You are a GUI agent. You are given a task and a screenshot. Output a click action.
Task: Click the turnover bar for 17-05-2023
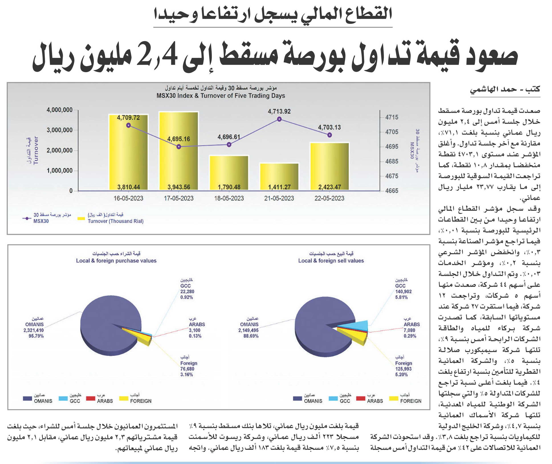179,151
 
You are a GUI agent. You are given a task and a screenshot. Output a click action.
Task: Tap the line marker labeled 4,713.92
279,119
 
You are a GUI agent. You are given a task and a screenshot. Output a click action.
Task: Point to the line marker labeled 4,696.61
229,144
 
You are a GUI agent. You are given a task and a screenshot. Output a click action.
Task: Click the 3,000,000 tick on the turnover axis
59,130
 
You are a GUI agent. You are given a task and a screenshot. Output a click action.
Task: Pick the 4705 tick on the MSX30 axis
392,132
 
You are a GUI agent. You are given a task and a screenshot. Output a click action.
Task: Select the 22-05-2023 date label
329,198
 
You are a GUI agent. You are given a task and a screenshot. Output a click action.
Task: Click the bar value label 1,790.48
229,187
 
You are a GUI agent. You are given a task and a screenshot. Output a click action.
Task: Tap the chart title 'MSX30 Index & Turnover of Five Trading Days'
221,96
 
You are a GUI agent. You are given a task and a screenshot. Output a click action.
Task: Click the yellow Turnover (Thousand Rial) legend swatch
81,218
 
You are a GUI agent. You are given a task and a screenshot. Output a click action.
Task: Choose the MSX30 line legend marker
26,218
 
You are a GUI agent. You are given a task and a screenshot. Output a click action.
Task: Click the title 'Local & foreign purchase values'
116,261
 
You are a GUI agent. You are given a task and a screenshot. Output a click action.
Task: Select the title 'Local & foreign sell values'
331,261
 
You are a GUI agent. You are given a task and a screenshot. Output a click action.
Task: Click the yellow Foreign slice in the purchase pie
142,338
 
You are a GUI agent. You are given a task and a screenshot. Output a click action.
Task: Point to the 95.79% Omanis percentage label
36,336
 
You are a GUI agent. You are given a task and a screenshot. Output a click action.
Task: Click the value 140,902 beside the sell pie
403,291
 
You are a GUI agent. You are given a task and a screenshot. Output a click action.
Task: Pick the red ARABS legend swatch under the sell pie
361,399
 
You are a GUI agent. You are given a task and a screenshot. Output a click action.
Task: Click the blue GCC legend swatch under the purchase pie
63,399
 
